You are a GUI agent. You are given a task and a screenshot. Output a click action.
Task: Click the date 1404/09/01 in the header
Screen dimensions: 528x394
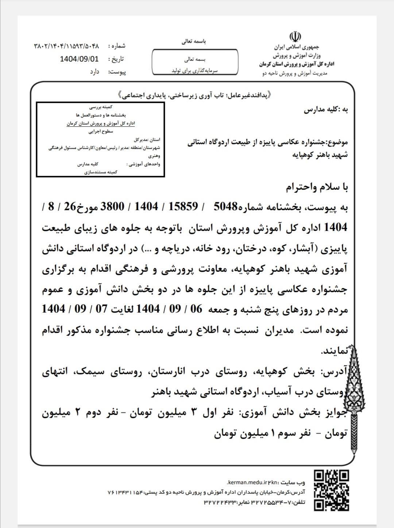pyautogui.click(x=79, y=59)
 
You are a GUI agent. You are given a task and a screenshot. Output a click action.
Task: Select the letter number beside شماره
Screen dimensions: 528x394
pyautogui.click(x=66, y=46)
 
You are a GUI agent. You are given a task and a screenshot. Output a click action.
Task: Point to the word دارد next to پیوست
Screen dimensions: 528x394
pyautogui.click(x=95, y=72)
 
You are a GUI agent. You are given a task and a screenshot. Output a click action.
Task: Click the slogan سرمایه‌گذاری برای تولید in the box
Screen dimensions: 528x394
pyautogui.click(x=195, y=70)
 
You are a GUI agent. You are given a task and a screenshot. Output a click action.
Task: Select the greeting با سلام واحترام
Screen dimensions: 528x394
pyautogui.click(x=317, y=187)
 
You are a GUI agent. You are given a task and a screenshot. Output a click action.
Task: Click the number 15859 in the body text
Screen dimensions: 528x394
pyautogui.click(x=182, y=207)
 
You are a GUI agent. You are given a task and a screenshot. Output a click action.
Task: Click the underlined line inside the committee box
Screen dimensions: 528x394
pyautogui.click(x=101, y=124)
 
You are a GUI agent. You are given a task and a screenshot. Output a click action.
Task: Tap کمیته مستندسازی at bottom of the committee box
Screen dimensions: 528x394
pyautogui.click(x=101, y=172)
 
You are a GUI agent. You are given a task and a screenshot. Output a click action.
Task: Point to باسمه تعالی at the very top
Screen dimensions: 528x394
pyautogui.click(x=194, y=42)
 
